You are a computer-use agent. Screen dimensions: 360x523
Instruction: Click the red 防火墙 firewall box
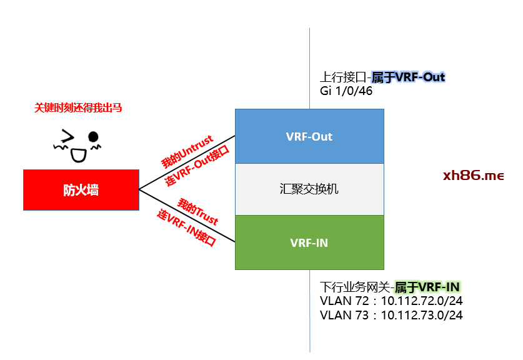click(81, 189)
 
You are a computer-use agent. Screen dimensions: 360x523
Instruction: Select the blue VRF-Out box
click(309, 136)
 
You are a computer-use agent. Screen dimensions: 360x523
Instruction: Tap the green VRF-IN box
click(309, 242)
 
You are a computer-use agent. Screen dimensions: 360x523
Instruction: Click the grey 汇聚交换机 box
click(309, 189)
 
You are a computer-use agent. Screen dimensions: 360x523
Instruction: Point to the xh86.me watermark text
click(473, 176)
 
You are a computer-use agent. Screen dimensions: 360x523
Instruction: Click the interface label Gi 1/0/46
click(345, 91)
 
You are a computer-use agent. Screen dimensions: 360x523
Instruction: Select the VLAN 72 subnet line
click(391, 301)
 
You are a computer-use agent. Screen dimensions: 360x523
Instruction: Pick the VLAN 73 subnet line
click(391, 315)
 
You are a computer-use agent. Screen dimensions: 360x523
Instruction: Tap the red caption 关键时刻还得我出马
click(78, 108)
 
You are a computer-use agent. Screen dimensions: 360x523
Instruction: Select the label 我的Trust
click(197, 211)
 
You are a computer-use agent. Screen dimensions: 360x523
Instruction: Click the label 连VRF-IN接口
click(186, 229)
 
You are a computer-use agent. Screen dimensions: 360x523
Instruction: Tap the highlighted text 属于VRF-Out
click(408, 77)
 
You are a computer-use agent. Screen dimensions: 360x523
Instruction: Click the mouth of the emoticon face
click(77, 154)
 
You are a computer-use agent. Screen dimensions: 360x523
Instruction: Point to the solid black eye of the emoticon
click(93, 136)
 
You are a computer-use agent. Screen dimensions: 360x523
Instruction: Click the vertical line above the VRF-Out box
click(310, 62)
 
